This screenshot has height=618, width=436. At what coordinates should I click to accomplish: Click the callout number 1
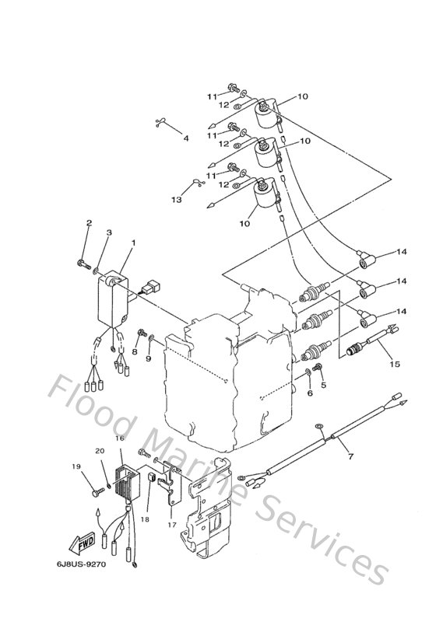point(133,243)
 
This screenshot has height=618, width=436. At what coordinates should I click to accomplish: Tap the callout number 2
point(88,224)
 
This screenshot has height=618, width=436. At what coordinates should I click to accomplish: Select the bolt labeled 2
point(83,264)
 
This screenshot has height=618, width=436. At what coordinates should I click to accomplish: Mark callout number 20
point(99,452)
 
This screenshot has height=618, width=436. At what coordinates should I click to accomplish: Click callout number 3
point(109,232)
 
